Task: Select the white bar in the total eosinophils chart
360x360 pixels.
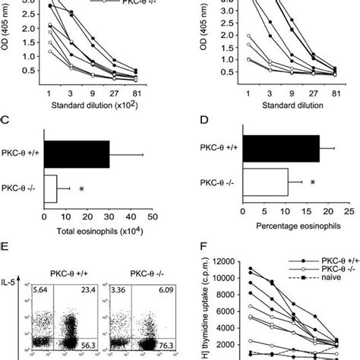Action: coord(51,188)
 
